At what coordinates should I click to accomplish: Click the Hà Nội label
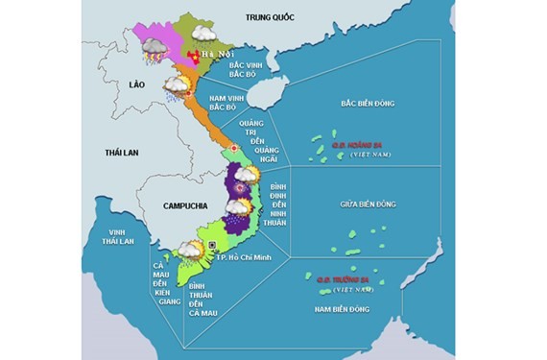216,55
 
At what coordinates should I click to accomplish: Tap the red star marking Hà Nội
195,58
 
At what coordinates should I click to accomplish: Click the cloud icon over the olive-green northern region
202,33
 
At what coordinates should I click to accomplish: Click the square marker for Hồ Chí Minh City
212,247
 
